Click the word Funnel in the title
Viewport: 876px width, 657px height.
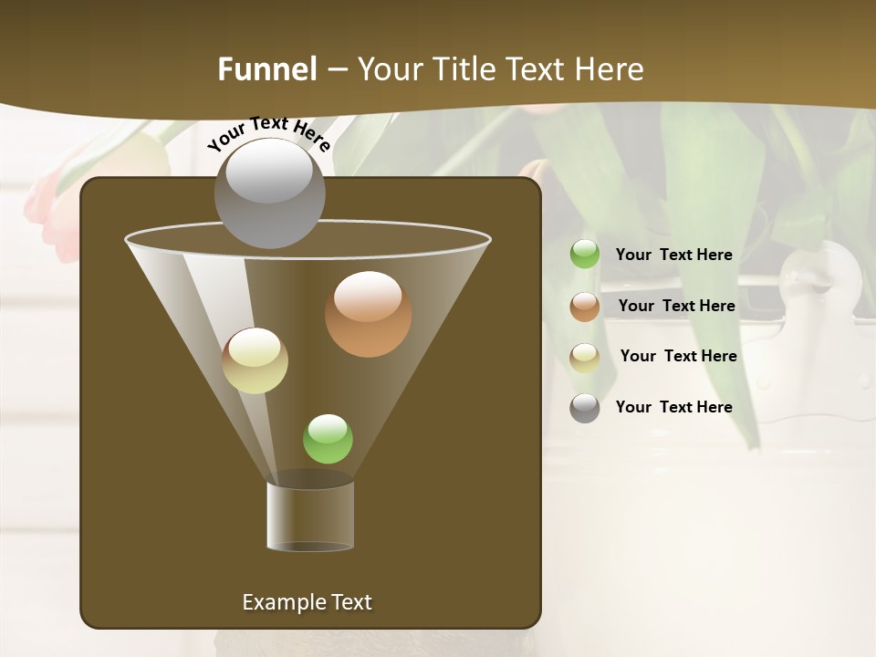pos(267,69)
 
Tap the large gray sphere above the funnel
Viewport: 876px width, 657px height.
pos(269,193)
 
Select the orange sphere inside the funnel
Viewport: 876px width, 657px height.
pos(368,314)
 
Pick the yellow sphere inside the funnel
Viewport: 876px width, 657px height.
pos(255,360)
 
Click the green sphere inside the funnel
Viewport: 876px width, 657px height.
pos(328,439)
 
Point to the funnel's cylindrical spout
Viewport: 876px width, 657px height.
pos(310,516)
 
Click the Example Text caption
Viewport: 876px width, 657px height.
pos(307,602)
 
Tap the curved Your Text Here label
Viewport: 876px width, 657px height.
pos(269,133)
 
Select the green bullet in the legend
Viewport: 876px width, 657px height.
pos(585,255)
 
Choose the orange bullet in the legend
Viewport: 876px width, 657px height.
pos(585,307)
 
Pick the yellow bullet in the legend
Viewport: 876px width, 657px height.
pos(585,357)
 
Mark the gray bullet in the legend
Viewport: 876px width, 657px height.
pos(585,407)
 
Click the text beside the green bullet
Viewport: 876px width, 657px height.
pos(673,255)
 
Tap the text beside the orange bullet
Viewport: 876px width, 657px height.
pos(676,306)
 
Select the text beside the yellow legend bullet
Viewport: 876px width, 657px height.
pos(678,356)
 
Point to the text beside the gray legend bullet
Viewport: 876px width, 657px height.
pos(673,407)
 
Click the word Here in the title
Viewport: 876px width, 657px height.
pos(611,69)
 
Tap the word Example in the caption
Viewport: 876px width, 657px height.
pos(281,602)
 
